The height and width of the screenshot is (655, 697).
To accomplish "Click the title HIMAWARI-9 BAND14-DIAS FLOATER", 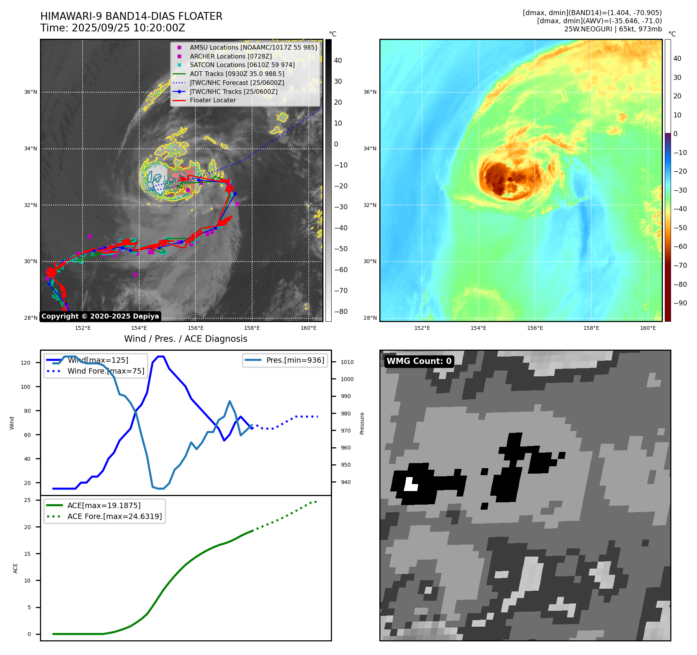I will click(x=131, y=16).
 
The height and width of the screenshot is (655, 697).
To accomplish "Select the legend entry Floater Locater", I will click(x=213, y=100).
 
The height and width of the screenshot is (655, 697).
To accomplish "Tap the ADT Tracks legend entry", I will click(x=237, y=74).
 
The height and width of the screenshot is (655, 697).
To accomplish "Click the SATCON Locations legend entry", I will click(x=242, y=65).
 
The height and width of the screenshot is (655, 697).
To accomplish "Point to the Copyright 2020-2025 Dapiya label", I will click(x=100, y=316).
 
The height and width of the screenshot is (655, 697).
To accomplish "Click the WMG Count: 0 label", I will click(x=419, y=361).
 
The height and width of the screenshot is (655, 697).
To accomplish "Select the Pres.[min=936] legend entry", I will click(x=295, y=360).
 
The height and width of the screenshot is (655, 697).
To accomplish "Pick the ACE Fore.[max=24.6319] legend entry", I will click(x=114, y=516).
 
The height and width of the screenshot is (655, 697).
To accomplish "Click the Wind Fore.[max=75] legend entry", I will click(x=106, y=371).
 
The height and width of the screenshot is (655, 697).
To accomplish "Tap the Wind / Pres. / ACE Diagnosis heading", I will click(x=185, y=339).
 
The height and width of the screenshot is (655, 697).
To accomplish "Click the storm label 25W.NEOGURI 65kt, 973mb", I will click(x=613, y=29).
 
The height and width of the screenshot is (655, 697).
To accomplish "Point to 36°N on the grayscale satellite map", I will click(x=31, y=92).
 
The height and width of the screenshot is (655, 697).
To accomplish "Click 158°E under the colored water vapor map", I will click(x=591, y=328).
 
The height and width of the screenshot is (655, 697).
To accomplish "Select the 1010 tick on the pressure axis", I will click(x=347, y=362).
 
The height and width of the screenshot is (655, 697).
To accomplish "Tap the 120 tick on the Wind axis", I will click(x=26, y=363).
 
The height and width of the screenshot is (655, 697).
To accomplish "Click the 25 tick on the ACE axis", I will click(x=28, y=500).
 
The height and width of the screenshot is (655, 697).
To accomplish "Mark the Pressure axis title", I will click(x=362, y=423).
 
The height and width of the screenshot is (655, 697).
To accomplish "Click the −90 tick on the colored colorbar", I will click(x=680, y=303).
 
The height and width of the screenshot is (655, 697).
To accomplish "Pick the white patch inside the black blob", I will click(x=410, y=485).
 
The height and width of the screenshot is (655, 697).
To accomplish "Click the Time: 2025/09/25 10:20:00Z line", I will click(x=112, y=28).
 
